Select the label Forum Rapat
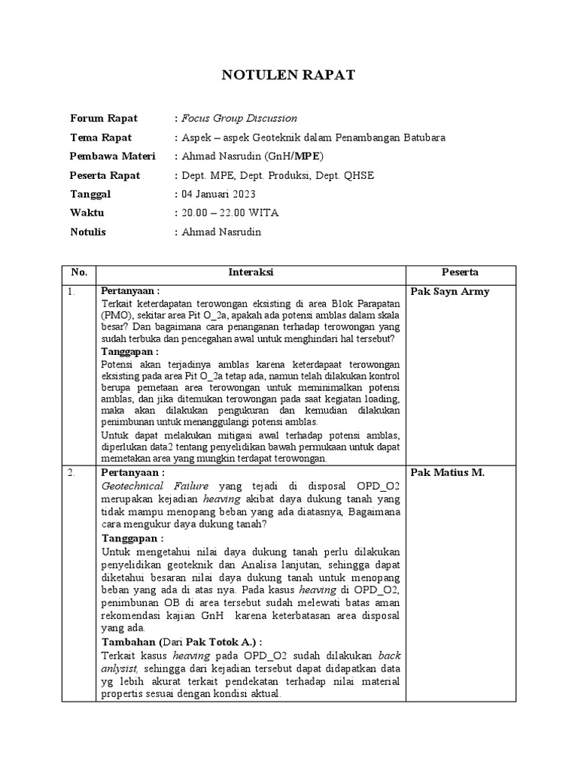click(104, 118)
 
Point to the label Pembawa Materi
click(113, 156)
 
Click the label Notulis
click(90, 232)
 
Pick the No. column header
click(79, 272)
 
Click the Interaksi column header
click(251, 272)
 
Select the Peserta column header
click(461, 272)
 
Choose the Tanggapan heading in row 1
click(130, 351)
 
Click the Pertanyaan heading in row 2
click(131, 472)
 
